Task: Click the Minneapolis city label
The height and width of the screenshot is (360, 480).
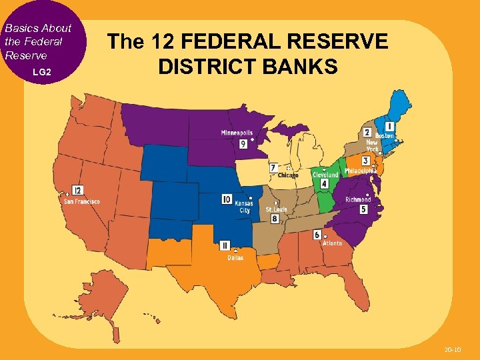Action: point(237,133)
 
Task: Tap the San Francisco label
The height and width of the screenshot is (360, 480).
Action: point(82,201)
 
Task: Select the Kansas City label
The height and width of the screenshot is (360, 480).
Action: point(243,207)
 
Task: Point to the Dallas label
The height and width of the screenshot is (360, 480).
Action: point(235,257)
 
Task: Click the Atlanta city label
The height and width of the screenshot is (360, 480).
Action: point(332,243)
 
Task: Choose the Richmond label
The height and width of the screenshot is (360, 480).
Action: point(358,199)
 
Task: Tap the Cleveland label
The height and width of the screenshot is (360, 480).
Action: point(325,175)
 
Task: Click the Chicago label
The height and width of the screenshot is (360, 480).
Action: point(288,175)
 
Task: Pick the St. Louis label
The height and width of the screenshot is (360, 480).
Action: point(276,209)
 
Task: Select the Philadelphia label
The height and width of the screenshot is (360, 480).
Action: point(361,170)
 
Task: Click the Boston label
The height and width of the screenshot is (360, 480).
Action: point(385,136)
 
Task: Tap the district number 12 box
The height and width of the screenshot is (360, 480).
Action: point(78,190)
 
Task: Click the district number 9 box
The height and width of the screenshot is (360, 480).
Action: point(244,143)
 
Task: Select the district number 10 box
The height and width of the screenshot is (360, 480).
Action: point(227,199)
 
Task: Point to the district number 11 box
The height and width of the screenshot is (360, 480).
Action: point(225,245)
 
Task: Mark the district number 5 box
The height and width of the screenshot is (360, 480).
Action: point(363,209)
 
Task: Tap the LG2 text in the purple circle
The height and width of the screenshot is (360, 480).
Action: point(42,71)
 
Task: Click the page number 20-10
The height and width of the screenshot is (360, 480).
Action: point(453,349)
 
